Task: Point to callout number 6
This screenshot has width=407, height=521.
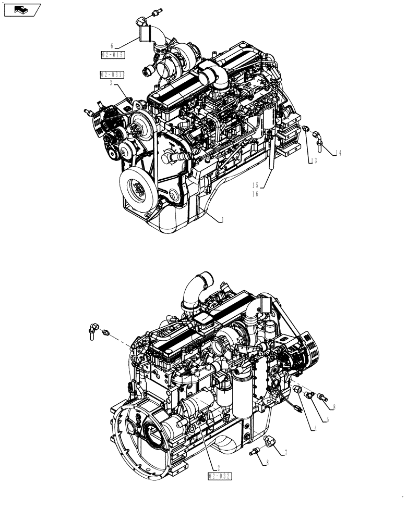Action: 112,46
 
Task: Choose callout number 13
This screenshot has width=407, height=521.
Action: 314,161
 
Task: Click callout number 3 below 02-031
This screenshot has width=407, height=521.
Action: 112,82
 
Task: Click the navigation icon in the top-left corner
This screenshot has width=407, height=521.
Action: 22,9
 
